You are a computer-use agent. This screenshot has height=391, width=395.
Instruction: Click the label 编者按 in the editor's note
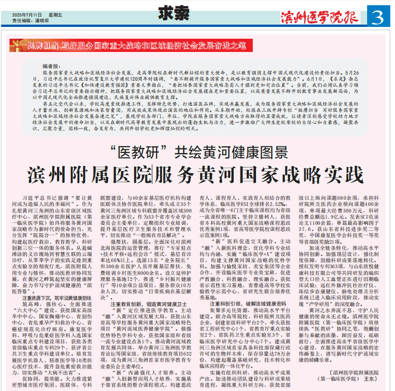tap(52, 67)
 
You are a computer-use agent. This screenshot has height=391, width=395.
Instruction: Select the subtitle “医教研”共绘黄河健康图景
tap(198, 153)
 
